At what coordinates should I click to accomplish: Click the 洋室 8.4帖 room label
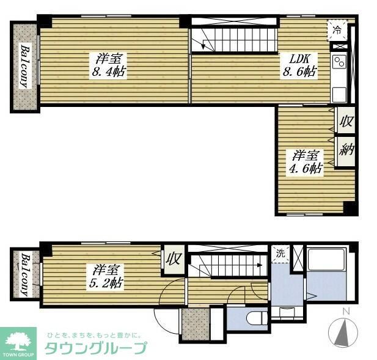[111, 64]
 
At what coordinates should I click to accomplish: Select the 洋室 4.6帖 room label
[306, 163]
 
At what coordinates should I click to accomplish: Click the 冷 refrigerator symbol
[338, 28]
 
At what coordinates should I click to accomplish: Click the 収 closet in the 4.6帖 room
[345, 122]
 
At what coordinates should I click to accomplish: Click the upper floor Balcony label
[25, 66]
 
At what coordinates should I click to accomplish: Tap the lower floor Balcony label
[26, 274]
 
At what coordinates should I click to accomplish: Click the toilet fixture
[253, 319]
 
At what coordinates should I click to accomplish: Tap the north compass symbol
[344, 332]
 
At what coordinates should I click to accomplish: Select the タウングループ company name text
[95, 348]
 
